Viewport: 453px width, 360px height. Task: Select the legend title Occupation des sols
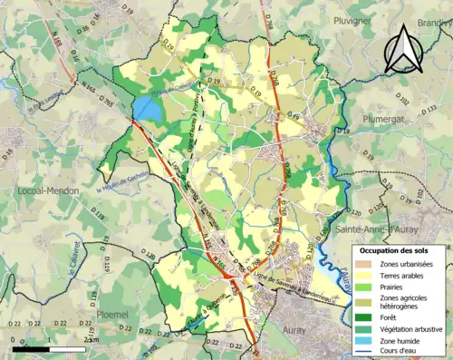click(x=396, y=250)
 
